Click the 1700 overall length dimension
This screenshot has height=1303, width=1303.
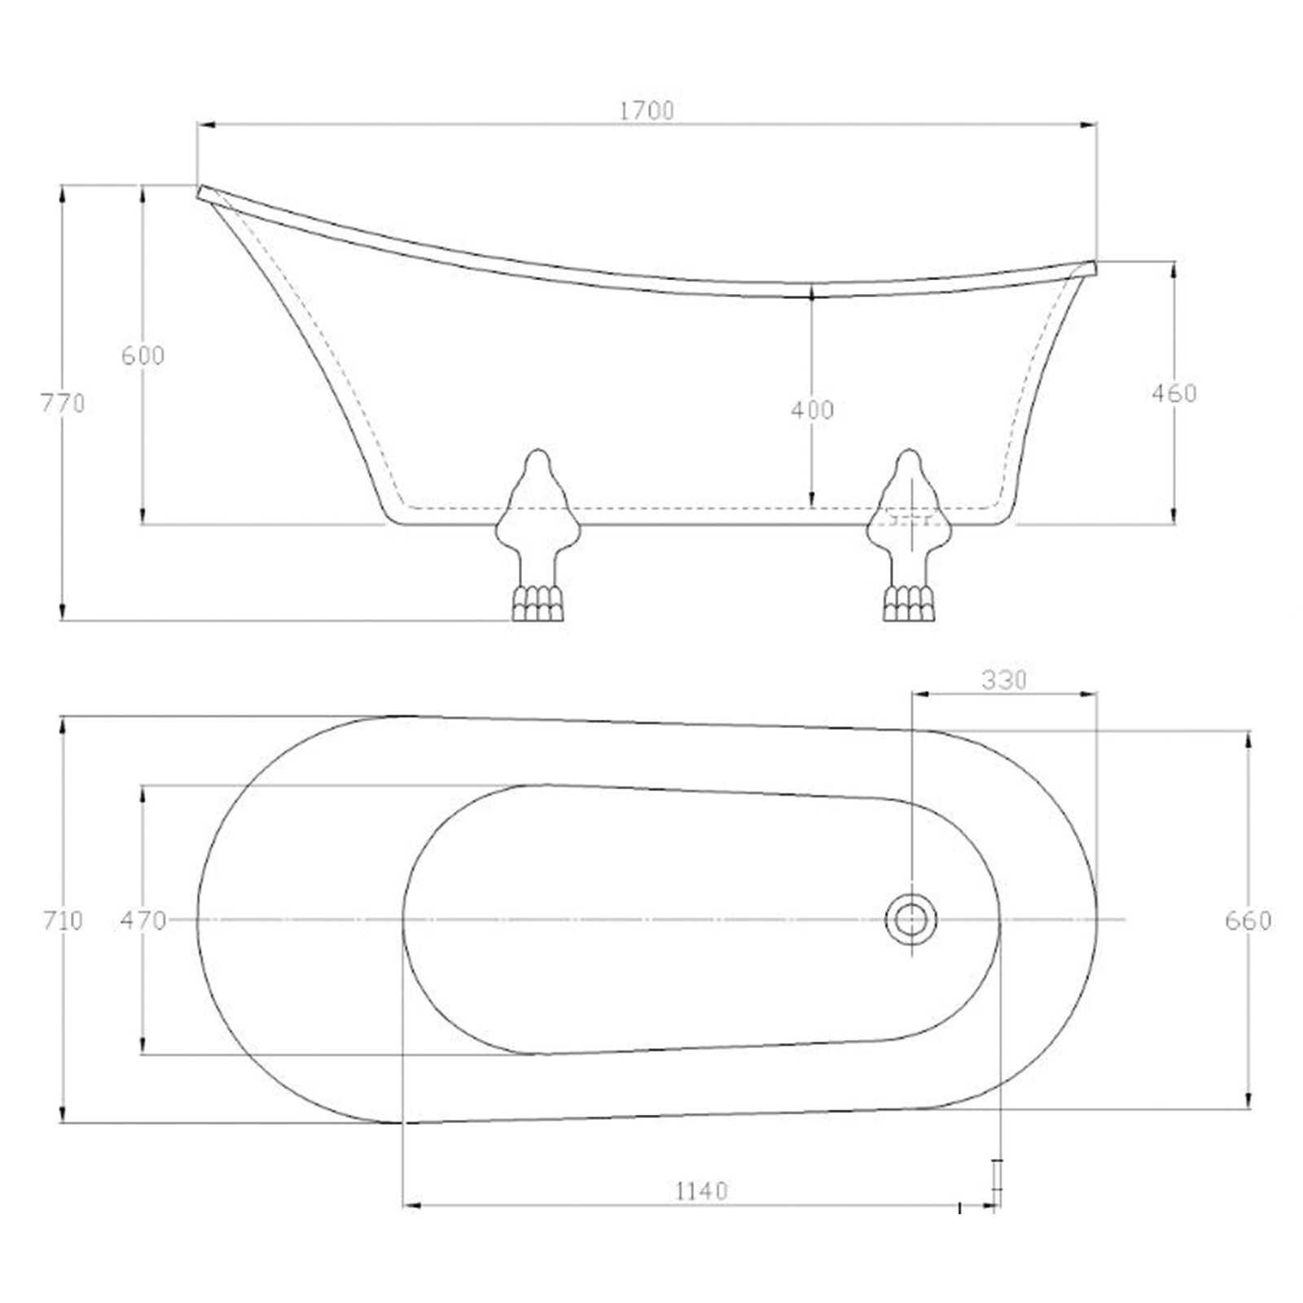(647, 111)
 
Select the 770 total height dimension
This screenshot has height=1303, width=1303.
(63, 402)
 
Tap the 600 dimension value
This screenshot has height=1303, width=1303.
(143, 355)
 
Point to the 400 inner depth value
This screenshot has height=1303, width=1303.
(812, 410)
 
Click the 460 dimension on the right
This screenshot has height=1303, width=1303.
(1174, 393)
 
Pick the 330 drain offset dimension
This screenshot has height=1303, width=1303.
(1004, 679)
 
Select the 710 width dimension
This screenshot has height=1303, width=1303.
(63, 920)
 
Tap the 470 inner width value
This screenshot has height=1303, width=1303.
(143, 920)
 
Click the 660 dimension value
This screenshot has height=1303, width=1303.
(1248, 920)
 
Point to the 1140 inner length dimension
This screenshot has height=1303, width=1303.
(702, 1191)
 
